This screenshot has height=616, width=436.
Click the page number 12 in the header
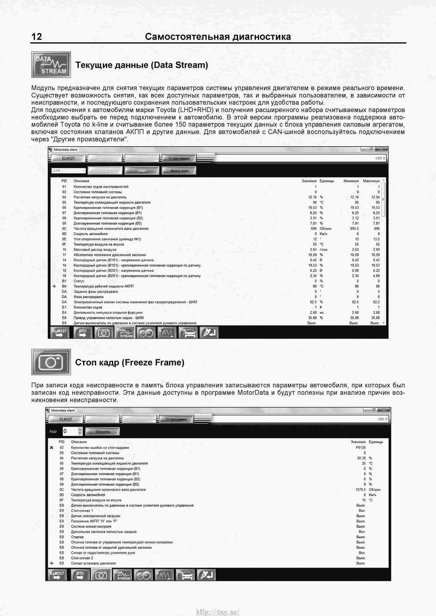click(x=37, y=36)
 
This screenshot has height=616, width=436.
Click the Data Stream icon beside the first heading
click(x=51, y=65)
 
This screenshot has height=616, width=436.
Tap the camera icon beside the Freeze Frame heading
click(x=51, y=362)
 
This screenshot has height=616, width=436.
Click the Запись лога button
click(x=179, y=171)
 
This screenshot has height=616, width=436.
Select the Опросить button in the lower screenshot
click(x=103, y=432)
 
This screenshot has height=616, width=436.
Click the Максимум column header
click(x=371, y=181)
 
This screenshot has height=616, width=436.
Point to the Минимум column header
click(x=351, y=181)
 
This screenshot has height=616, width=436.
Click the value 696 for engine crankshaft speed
click(x=314, y=228)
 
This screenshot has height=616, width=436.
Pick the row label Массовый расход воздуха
click(x=95, y=249)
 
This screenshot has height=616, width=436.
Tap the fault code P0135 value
click(x=360, y=447)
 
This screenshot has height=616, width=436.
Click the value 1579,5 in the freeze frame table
click(x=360, y=490)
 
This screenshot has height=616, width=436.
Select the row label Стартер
click(x=77, y=537)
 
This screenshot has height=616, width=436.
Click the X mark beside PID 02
click(x=52, y=447)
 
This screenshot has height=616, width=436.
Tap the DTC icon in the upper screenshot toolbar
click(x=82, y=333)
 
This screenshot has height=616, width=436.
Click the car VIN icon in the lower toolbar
click(x=185, y=575)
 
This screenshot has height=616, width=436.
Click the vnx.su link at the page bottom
click(x=218, y=612)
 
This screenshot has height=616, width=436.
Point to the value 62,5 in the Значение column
click(x=313, y=302)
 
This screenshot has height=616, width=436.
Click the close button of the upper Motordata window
click(x=381, y=149)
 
